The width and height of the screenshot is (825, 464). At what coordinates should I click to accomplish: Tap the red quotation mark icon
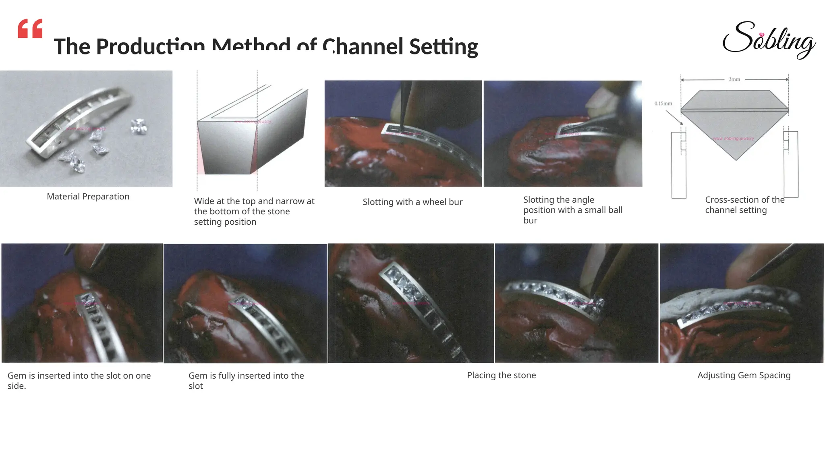30,29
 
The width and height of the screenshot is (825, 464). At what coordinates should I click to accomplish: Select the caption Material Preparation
88,197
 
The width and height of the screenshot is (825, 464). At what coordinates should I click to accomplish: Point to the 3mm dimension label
734,79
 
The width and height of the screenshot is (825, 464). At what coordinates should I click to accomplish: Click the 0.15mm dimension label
663,104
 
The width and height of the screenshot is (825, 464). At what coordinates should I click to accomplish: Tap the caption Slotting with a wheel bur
412,202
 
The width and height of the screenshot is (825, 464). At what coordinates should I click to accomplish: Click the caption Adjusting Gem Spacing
744,375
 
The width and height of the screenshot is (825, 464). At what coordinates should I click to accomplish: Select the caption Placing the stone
501,375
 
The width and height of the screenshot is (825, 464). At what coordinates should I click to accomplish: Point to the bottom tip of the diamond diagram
736,159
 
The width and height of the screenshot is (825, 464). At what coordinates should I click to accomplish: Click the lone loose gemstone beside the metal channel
138,126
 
